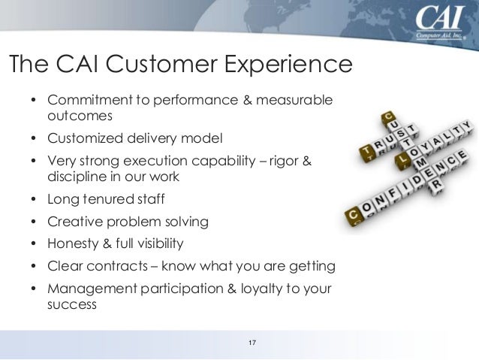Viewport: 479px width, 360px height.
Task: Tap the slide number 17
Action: pyautogui.click(x=252, y=344)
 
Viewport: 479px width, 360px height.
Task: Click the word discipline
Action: pyautogui.click(x=77, y=177)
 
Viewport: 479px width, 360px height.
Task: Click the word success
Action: pyautogui.click(x=72, y=305)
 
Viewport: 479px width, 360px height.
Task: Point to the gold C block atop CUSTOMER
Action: pyautogui.click(x=389, y=116)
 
